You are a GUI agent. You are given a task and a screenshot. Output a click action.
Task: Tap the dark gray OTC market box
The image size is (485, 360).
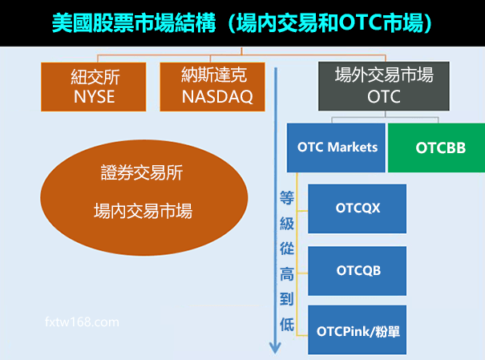point(383,87)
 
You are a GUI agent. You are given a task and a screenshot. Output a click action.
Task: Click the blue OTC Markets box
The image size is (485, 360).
point(337,148)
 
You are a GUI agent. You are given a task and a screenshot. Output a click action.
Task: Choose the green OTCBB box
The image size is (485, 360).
point(436,148)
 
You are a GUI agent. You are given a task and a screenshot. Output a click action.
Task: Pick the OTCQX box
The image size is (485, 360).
point(358,208)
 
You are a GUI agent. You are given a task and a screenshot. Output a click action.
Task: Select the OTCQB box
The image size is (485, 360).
point(358,270)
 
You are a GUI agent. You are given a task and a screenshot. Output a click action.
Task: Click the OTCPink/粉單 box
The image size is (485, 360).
point(358,330)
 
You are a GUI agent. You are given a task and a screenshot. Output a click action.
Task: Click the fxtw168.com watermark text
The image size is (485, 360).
point(83,322)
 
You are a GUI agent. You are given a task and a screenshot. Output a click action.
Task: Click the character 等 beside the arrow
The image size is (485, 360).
point(287,197)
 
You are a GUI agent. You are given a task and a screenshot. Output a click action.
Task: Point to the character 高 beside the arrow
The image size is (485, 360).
point(287,274)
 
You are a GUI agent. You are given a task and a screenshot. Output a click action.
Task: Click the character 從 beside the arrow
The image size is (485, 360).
point(287,249)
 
